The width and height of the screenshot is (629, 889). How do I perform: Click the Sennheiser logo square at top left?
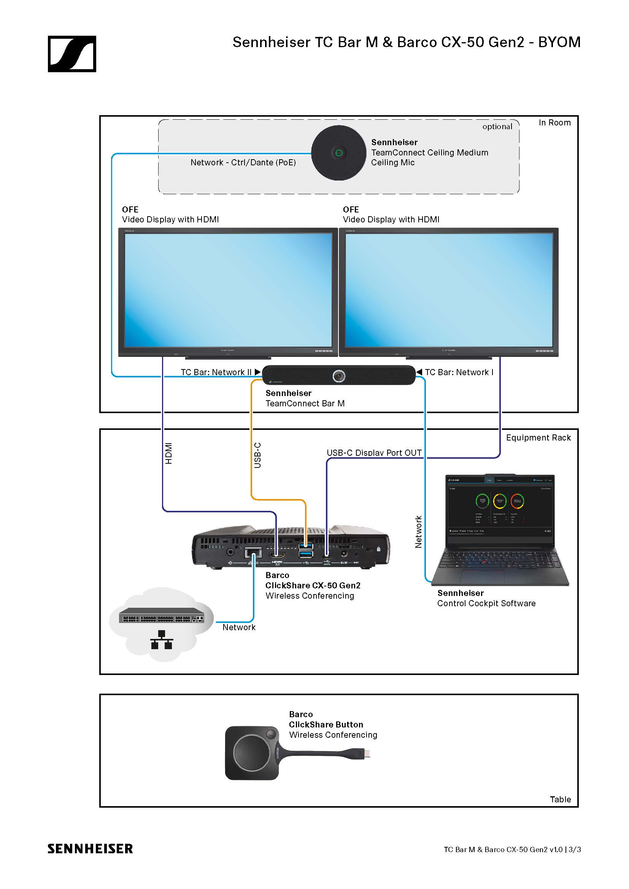click(72, 54)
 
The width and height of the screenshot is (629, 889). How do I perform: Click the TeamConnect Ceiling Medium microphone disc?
click(338, 153)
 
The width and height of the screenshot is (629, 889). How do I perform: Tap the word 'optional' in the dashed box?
click(497, 127)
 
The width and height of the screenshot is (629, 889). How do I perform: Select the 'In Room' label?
click(554, 123)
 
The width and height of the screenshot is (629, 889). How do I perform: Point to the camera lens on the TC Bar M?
click(339, 376)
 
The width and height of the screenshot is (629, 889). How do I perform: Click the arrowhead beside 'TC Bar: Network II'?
click(257, 372)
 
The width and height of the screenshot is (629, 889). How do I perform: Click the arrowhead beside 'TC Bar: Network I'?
click(419, 372)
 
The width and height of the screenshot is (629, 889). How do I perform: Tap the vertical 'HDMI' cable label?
click(168, 453)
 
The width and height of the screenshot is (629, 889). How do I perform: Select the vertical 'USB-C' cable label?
click(257, 455)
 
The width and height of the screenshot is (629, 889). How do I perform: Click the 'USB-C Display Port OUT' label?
click(374, 453)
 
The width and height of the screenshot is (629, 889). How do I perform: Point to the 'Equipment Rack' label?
click(538, 437)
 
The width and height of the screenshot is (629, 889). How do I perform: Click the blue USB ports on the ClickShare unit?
click(306, 550)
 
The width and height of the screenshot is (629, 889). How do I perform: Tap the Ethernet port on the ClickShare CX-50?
click(253, 553)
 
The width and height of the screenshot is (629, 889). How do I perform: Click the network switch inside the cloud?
click(161, 615)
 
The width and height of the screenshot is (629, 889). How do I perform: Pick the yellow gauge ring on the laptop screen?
click(500, 501)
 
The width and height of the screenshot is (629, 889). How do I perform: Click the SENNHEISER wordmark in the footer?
click(90, 849)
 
